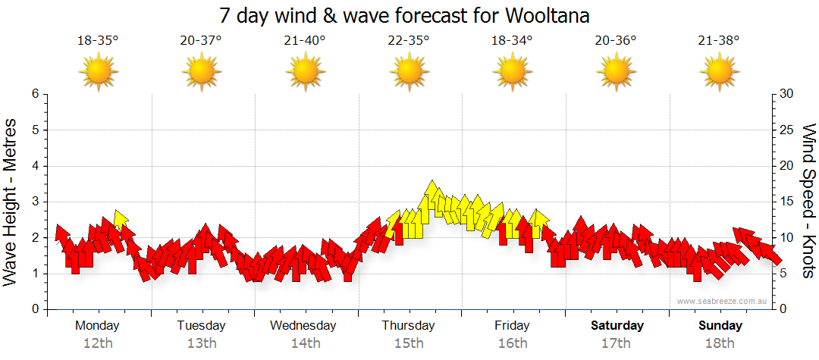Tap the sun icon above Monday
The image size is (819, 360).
click(98, 72)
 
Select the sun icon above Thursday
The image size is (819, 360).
click(409, 72)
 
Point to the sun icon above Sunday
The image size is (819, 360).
click(719, 72)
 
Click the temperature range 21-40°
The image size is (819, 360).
click(305, 41)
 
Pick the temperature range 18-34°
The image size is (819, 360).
click(512, 41)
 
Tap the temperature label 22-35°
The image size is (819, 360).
click(409, 41)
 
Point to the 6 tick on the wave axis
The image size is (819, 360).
click(34, 94)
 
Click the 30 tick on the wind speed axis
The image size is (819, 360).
click(787, 94)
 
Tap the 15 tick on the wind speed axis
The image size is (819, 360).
click(787, 202)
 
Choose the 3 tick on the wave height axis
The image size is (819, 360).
click(34, 202)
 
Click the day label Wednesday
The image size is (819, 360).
click(303, 326)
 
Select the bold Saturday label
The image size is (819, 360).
click(617, 326)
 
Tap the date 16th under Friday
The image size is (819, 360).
click(513, 343)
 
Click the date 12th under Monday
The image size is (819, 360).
click(98, 343)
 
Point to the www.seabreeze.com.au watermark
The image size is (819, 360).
click(723, 301)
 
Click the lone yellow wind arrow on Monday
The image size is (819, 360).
click(120, 220)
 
